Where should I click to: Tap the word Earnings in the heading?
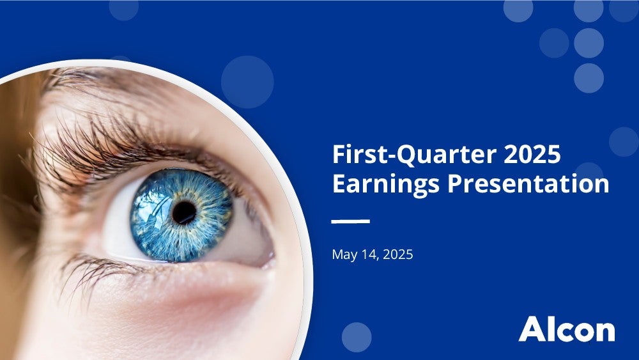tap(385, 184)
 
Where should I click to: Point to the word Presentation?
tap(528, 184)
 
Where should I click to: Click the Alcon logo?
tap(567, 329)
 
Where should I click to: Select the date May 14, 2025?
tap(373, 254)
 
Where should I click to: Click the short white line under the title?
tap(350, 221)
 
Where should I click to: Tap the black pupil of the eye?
tap(184, 212)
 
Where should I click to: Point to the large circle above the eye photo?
tap(247, 82)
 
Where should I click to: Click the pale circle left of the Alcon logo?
tap(357, 337)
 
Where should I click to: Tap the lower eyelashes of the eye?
tap(98, 271)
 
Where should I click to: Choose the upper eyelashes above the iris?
tap(122, 151)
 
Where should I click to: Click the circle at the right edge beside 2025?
tap(624, 142)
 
